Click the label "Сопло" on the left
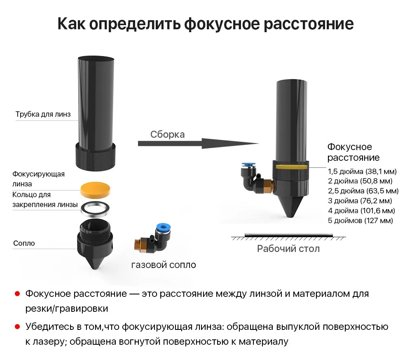[24, 243]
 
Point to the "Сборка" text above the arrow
[167, 134]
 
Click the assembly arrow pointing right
[198, 144]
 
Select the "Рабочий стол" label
[288, 249]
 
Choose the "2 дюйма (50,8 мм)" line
[360, 181]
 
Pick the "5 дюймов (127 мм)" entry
[360, 221]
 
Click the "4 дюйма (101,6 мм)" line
[361, 211]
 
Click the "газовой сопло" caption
[164, 265]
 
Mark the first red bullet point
[17, 294]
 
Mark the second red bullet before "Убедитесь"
[17, 327]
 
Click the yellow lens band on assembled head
[291, 167]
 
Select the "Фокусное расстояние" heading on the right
[353, 152]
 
